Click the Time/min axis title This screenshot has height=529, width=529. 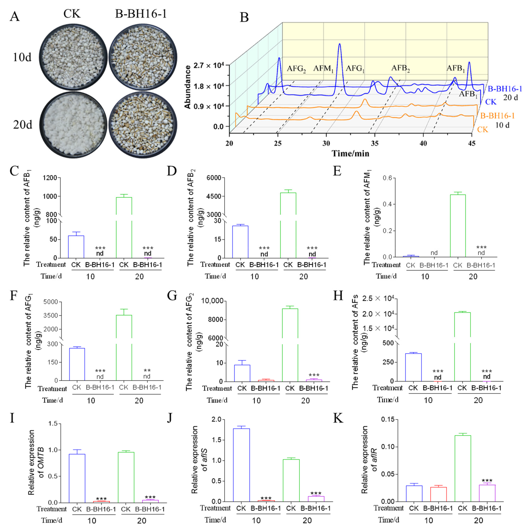tap(351, 153)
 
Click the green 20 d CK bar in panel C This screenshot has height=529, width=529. tap(124, 227)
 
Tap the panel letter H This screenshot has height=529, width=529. tap(338, 296)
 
